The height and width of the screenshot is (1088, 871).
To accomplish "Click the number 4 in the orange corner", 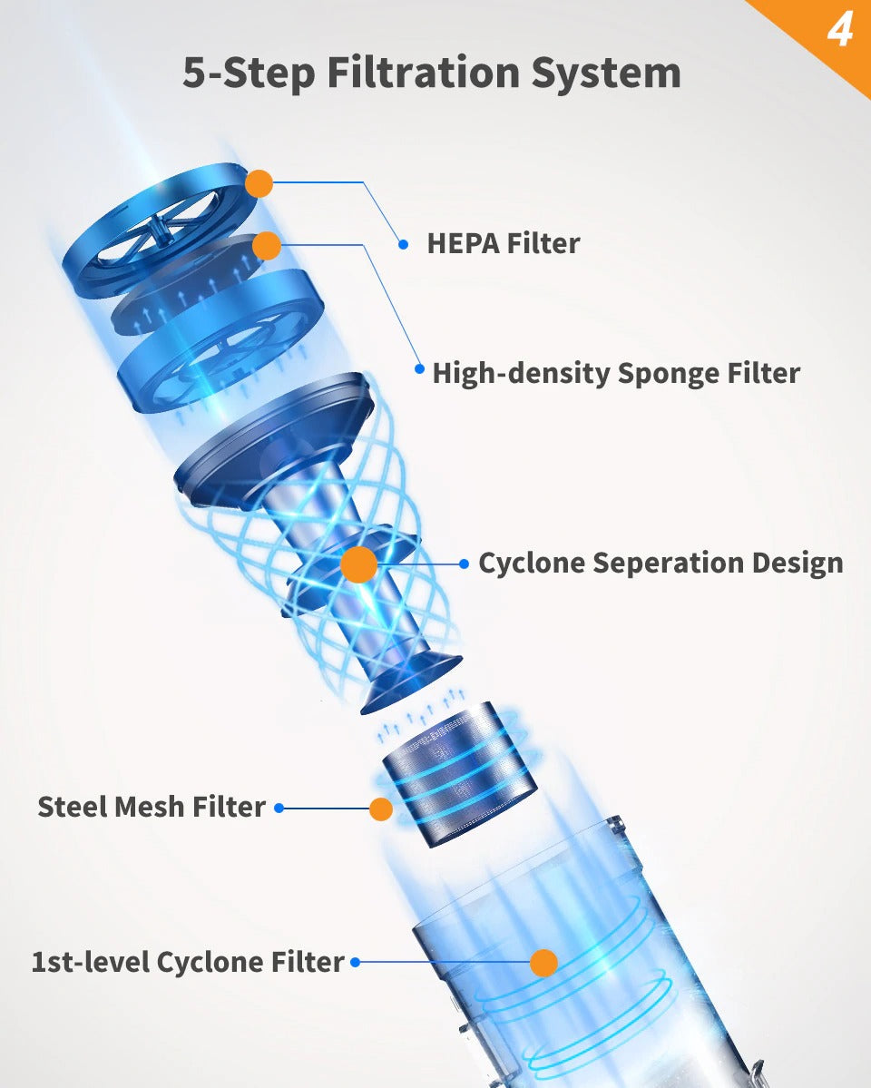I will tap(839, 31).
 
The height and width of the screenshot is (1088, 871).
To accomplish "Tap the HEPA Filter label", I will tap(503, 243).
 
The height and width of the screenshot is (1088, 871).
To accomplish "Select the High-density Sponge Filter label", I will tap(616, 373).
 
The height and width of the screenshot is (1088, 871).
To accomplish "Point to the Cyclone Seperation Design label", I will tap(661, 563).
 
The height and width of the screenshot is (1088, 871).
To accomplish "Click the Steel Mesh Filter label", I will tap(152, 806).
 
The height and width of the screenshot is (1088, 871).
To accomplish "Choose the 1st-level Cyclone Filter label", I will tap(188, 962).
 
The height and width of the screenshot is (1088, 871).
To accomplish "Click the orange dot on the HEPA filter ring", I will tap(259, 183).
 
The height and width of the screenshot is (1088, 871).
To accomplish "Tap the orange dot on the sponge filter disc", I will tap(267, 245).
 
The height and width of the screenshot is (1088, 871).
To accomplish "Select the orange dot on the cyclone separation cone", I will tap(359, 564).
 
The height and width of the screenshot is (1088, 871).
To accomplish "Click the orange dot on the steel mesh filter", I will tap(381, 809).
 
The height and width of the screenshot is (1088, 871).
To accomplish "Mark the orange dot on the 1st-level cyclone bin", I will tap(543, 963).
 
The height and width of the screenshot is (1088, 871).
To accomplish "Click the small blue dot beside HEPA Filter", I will tap(404, 243).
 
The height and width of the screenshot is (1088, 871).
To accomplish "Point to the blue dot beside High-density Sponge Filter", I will tap(419, 368).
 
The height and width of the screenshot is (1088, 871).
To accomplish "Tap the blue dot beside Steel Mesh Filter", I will tap(279, 808).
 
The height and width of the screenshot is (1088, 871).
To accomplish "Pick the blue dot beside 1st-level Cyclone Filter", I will tap(356, 962).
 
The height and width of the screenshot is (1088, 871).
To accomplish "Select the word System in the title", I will tap(625, 73).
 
